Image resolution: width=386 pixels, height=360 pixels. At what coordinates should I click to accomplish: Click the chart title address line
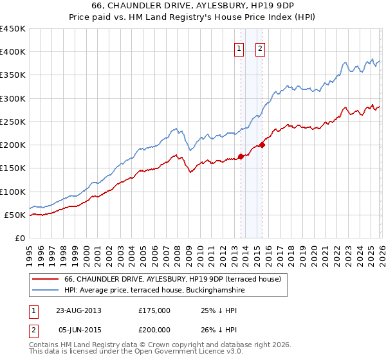(x=193, y=6)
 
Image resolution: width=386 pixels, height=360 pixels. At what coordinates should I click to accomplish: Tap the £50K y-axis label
(x=15, y=215)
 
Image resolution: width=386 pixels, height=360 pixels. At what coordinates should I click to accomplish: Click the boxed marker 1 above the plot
(x=239, y=48)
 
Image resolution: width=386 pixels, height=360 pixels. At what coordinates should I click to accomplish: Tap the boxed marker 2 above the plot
(x=260, y=48)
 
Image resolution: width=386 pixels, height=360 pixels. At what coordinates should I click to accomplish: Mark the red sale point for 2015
(x=262, y=144)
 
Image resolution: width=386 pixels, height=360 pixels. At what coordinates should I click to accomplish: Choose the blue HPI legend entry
(x=154, y=291)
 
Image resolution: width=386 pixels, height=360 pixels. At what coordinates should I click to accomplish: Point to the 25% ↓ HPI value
(x=219, y=310)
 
